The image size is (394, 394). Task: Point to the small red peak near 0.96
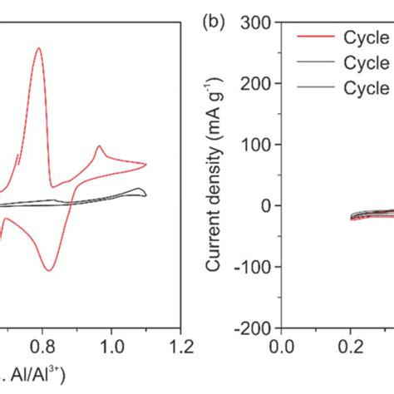[99, 147]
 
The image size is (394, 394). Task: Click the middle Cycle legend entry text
[367, 62]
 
